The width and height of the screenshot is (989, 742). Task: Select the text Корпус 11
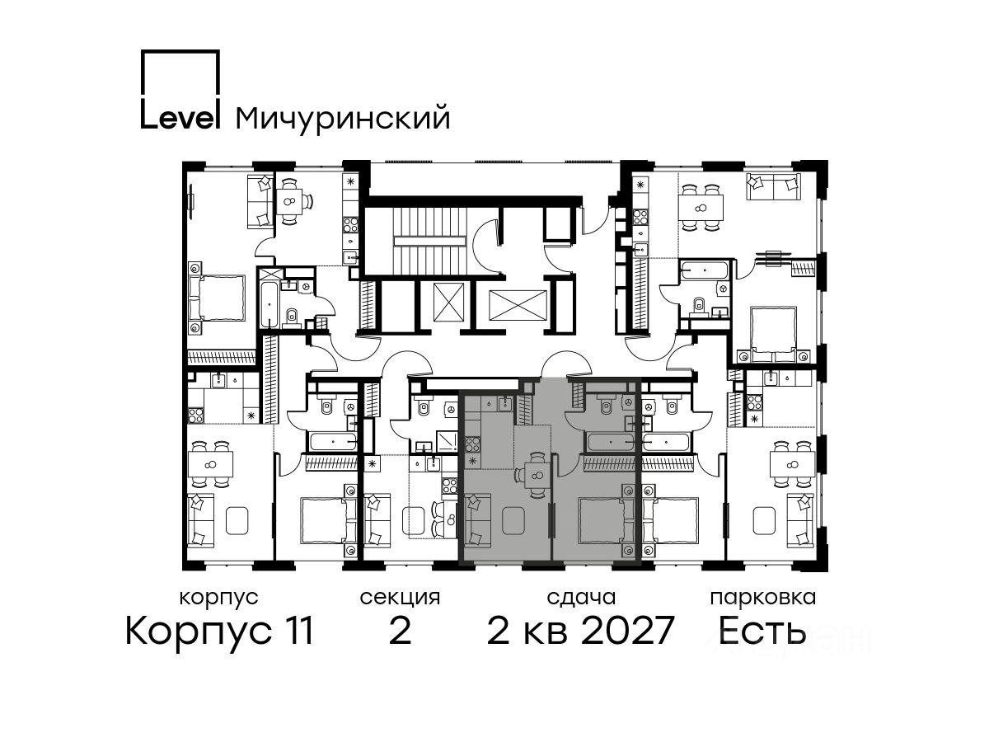(x=219, y=632)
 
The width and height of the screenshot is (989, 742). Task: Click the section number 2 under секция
(x=400, y=630)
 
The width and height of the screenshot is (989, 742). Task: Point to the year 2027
(x=627, y=630)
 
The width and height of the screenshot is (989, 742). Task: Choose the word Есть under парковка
(x=762, y=630)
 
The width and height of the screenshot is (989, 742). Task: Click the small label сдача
(x=581, y=598)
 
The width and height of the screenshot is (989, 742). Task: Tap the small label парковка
(x=763, y=599)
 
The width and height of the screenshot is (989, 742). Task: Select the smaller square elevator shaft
(x=449, y=302)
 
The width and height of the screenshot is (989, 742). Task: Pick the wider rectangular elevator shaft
(x=518, y=305)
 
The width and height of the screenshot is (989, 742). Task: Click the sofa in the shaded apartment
(x=476, y=520)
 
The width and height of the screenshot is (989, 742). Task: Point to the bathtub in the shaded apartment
(x=611, y=442)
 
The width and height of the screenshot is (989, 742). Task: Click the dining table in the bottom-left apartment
(x=210, y=464)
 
